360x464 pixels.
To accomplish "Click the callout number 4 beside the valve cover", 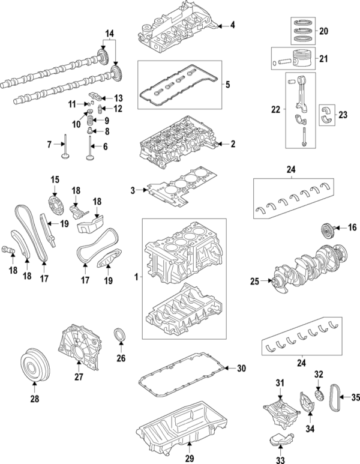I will [233, 25].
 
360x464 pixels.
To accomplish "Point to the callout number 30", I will [241, 368].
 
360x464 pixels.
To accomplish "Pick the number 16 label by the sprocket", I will [352, 227].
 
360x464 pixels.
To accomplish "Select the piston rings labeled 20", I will [306, 31].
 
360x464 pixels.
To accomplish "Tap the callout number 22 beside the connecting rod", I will [275, 110].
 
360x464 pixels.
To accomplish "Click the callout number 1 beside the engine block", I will [136, 277].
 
